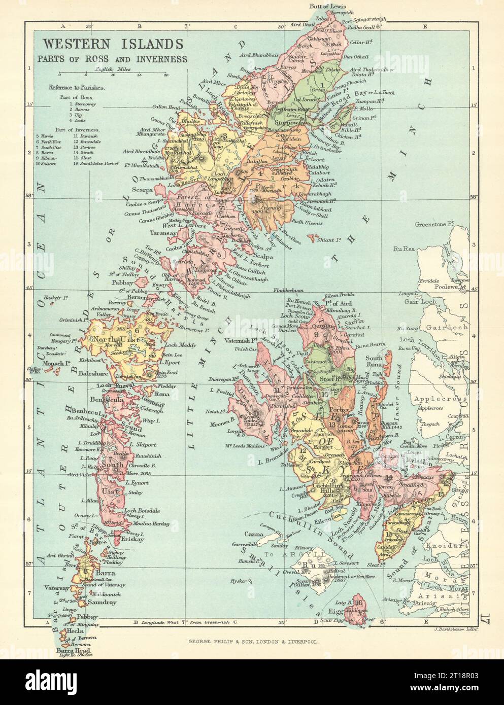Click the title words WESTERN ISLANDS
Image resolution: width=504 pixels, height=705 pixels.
click(113, 44)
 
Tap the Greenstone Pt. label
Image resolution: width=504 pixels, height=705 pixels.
click(436, 224)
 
